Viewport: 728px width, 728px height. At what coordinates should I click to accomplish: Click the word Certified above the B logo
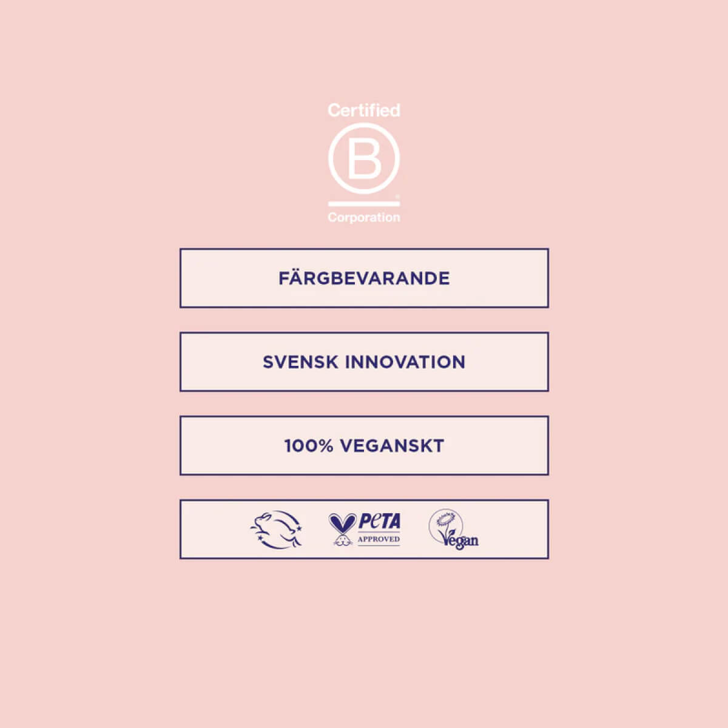[x=364, y=110]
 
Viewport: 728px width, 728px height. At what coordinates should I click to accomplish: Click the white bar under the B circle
[x=364, y=204]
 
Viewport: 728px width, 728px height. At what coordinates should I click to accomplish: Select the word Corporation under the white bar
[x=364, y=218]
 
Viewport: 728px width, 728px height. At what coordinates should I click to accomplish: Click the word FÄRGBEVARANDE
[x=364, y=278]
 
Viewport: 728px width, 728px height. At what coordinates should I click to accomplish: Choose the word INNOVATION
[x=405, y=362]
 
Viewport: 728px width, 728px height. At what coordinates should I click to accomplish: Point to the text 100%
[x=309, y=446]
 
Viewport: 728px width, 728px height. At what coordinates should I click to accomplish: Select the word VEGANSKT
[x=392, y=446]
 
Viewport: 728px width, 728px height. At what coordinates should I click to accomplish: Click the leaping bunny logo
[x=276, y=530]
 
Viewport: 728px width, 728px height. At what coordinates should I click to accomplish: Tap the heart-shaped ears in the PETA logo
[x=342, y=523]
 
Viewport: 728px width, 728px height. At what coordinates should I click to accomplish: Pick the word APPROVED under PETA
[x=379, y=539]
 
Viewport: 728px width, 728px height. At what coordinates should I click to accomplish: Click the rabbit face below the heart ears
[x=343, y=541]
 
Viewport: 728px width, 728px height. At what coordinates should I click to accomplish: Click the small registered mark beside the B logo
[x=397, y=197]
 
